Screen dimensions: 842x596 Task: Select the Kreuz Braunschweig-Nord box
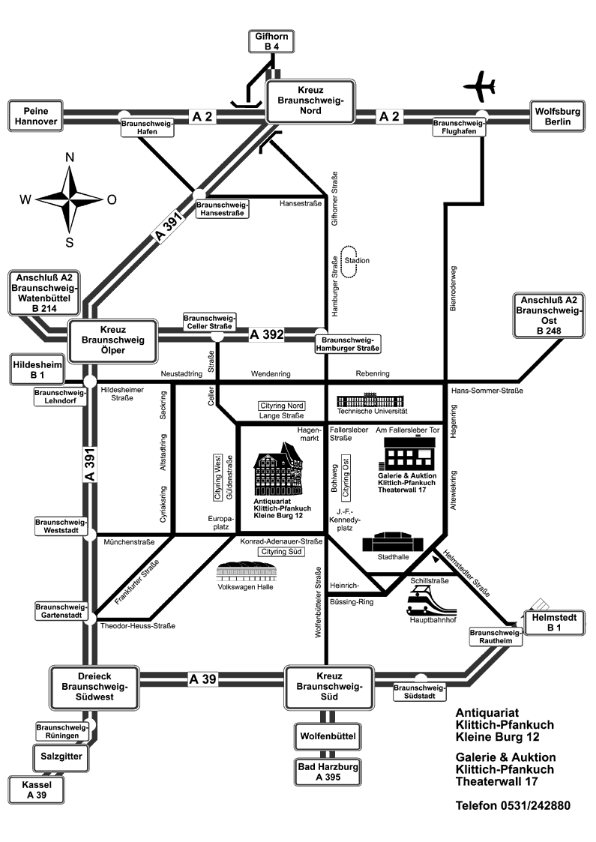click(310, 100)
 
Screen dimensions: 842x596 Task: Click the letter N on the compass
click(70, 157)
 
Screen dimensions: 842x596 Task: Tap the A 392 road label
click(266, 334)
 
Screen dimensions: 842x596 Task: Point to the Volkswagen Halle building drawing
click(245, 570)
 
